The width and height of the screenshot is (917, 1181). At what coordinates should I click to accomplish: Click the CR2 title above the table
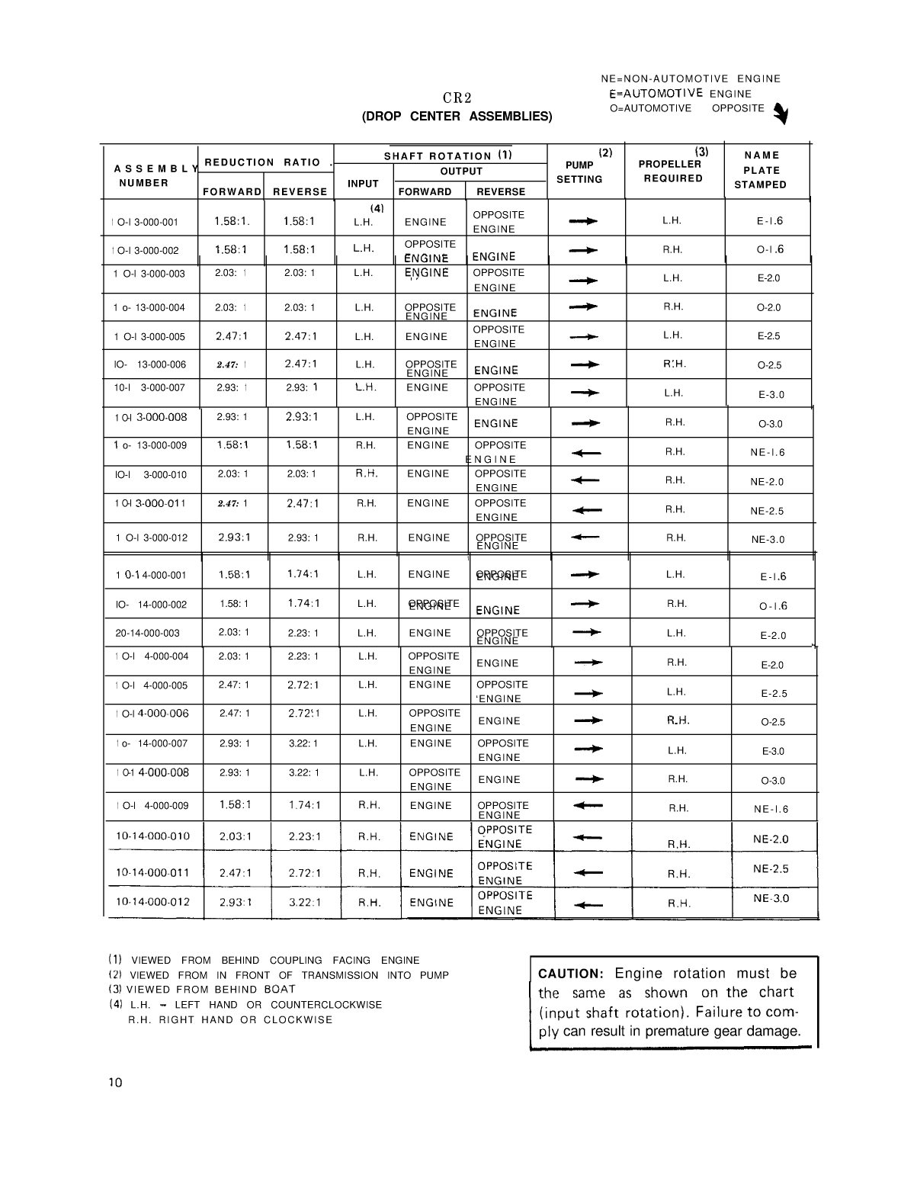pyautogui.click(x=457, y=98)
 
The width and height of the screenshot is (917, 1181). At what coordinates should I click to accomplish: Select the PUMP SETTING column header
pyautogui.click(x=579, y=172)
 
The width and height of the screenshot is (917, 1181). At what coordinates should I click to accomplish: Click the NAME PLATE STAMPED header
pyautogui.click(x=761, y=170)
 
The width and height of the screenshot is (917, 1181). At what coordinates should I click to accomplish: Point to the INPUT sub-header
pyautogui.click(x=363, y=184)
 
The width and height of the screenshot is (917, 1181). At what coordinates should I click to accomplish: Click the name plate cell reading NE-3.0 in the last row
pyautogui.click(x=771, y=898)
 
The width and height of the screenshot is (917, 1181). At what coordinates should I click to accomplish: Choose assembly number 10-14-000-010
pyautogui.click(x=152, y=836)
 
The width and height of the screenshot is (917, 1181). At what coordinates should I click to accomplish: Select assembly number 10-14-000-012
pyautogui.click(x=152, y=902)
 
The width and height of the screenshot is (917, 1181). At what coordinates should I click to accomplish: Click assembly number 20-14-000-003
pyautogui.click(x=148, y=633)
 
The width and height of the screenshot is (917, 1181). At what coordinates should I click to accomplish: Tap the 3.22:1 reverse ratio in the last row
pyautogui.click(x=304, y=902)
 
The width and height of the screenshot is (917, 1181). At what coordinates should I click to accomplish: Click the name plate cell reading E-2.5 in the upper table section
pyautogui.click(x=768, y=336)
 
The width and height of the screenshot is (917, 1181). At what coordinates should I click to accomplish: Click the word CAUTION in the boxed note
pyautogui.click(x=570, y=974)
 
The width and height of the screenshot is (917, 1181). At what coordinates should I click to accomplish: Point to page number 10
pyautogui.click(x=115, y=1083)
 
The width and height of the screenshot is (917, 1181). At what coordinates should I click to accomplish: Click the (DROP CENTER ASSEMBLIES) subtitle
pyautogui.click(x=457, y=117)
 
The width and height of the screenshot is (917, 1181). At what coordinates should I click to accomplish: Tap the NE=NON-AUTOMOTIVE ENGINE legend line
pyautogui.click(x=691, y=79)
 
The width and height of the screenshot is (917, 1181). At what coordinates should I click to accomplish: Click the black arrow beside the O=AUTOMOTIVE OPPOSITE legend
pyautogui.click(x=781, y=114)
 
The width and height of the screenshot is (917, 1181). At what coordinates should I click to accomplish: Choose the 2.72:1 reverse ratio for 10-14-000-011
pyautogui.click(x=304, y=873)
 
